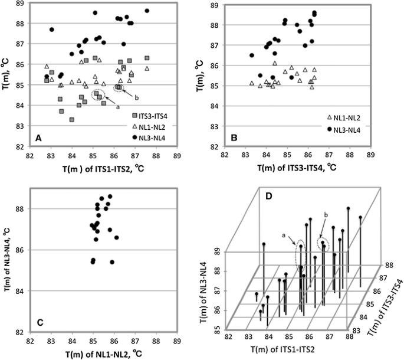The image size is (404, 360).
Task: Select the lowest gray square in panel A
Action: [72, 120]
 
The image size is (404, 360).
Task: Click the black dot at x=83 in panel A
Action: [52, 30]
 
